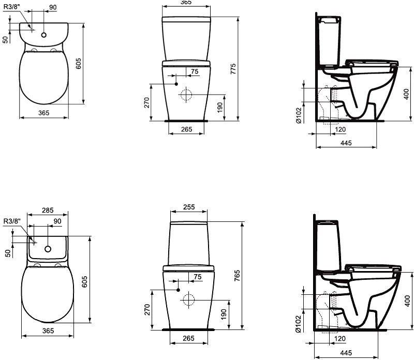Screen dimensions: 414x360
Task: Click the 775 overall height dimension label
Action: (x=233, y=69)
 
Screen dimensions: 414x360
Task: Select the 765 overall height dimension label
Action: (x=237, y=275)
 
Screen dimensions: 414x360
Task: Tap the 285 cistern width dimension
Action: (x=48, y=210)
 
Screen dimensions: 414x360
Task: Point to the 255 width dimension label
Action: (x=189, y=207)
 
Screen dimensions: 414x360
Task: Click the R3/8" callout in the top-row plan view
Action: (x=12, y=7)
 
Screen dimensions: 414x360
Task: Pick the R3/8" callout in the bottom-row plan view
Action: (x=12, y=221)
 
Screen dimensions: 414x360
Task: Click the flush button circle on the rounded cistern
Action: (x=44, y=35)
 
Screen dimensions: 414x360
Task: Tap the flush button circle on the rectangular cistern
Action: (x=48, y=249)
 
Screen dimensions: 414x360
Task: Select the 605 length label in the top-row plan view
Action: (x=79, y=63)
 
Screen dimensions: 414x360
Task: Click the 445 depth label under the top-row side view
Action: (x=346, y=143)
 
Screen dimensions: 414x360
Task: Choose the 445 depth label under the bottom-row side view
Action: (x=346, y=353)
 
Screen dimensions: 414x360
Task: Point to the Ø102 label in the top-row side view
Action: (x=299, y=115)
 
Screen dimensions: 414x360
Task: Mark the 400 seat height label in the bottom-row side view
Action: (x=407, y=301)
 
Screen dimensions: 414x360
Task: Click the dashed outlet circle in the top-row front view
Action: (x=186, y=94)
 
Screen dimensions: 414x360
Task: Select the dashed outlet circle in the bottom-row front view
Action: (x=188, y=300)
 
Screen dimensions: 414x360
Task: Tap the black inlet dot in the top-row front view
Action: (x=176, y=84)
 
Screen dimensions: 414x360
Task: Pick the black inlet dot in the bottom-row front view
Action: (x=178, y=290)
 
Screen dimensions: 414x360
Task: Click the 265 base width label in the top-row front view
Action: (x=187, y=129)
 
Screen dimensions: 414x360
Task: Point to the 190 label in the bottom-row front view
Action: (x=224, y=314)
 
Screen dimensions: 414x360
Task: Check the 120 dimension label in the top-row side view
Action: (x=340, y=129)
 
